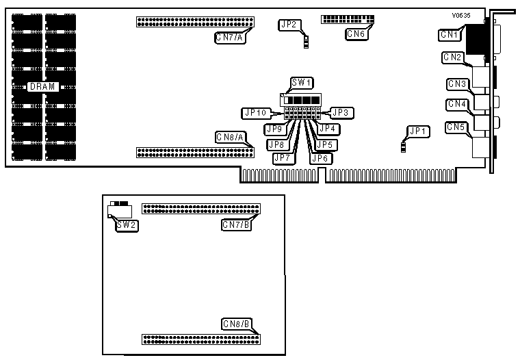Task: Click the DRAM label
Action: (42, 87)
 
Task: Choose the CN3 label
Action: (457, 84)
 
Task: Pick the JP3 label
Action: (341, 112)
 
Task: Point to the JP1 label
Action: (417, 130)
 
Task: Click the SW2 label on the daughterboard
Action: (126, 224)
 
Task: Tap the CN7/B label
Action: (236, 224)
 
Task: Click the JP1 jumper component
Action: (404, 146)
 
